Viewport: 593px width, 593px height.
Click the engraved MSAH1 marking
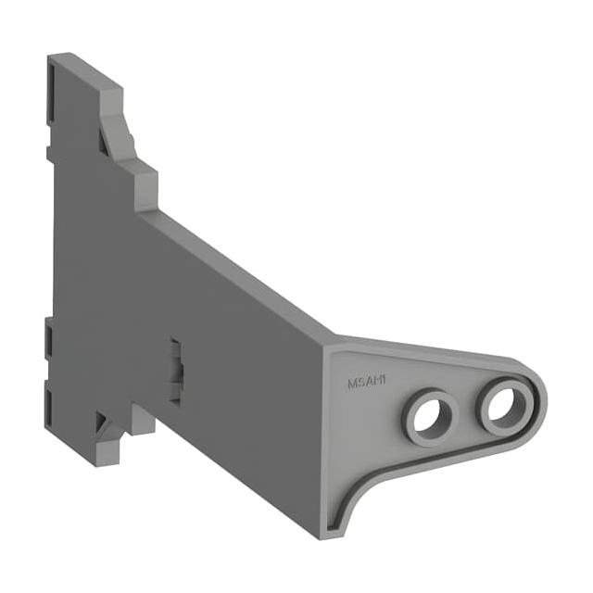(x=367, y=381)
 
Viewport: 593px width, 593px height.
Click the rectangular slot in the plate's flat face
(x=175, y=371)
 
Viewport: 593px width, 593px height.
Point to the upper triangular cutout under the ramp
(x=104, y=143)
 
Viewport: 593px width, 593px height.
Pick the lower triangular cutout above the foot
(x=101, y=422)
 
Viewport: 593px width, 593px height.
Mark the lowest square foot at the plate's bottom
(x=107, y=453)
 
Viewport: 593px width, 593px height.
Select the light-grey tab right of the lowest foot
(x=143, y=420)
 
